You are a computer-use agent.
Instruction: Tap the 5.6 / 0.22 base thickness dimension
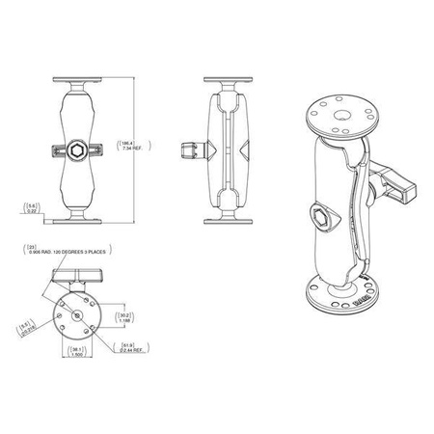tap(33, 206)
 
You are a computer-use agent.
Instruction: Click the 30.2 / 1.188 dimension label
tap(123, 315)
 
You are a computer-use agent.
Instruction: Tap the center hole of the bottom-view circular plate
tap(74, 312)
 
